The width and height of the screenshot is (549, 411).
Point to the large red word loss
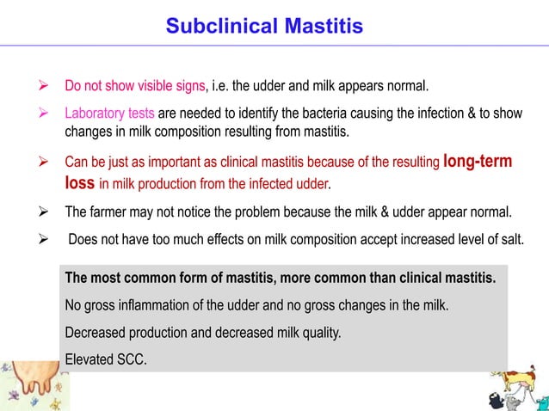79,182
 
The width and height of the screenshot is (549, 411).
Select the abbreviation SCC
131,359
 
